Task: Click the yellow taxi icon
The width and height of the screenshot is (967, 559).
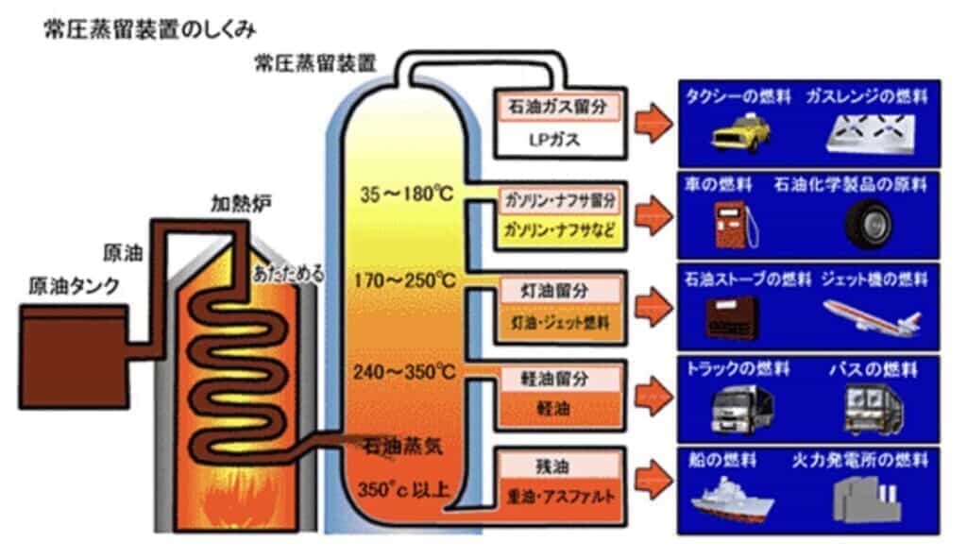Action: [739, 132]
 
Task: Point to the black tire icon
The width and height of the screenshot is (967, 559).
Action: [868, 225]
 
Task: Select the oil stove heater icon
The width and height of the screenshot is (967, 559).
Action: [735, 317]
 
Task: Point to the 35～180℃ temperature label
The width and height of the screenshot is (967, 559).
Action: [407, 195]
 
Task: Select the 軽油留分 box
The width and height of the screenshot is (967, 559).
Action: [556, 378]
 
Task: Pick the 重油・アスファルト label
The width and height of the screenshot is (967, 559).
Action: [557, 497]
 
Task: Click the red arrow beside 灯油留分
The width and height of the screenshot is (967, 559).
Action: [653, 304]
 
